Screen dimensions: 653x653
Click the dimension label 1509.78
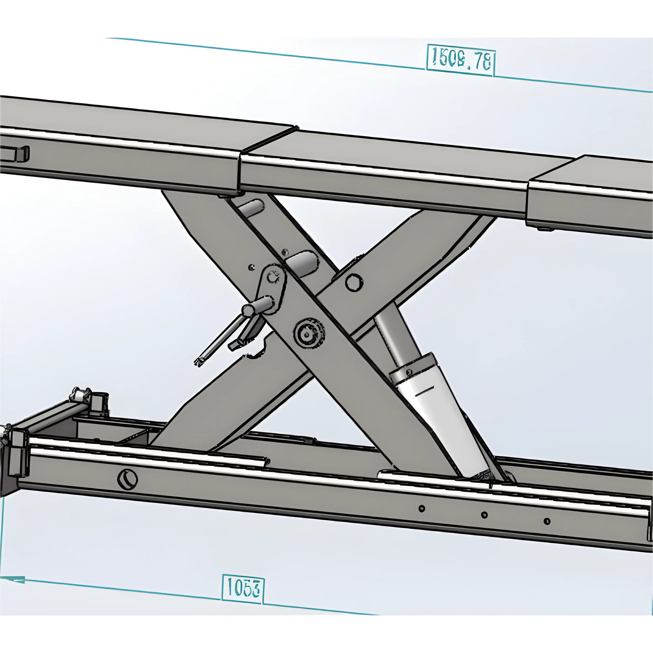pyautogui.click(x=460, y=59)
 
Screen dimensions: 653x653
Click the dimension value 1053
pyautogui.click(x=243, y=588)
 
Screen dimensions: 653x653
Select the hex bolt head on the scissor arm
pyautogui.click(x=354, y=282)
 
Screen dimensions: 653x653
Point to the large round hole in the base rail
pyautogui.click(x=127, y=479)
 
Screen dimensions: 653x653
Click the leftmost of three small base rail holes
pyautogui.click(x=422, y=508)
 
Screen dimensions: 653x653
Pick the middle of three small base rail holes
pyautogui.click(x=484, y=515)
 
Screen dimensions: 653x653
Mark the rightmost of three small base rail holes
pyautogui.click(x=547, y=521)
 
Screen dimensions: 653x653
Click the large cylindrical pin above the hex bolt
pyautogui.click(x=302, y=263)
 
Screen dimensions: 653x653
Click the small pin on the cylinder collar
pyautogui.click(x=409, y=372)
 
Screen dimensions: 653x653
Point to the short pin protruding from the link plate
pyautogui.click(x=258, y=307)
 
